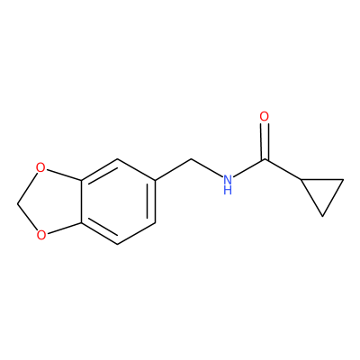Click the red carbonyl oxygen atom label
265,117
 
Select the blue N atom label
228,180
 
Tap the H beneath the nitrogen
228,191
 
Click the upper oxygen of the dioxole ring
40,167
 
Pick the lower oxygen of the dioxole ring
41,235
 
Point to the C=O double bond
265,141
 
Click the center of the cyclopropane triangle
322,191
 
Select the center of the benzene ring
118,202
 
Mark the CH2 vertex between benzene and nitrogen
192,159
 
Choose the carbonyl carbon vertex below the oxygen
265,159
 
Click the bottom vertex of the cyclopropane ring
322,216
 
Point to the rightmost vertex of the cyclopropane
344,180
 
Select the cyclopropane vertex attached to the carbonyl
301,179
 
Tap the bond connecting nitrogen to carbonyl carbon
249,168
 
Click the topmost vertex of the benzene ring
118,159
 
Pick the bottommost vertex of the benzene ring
118,244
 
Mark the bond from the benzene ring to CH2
174,169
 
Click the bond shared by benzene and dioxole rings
81,202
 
